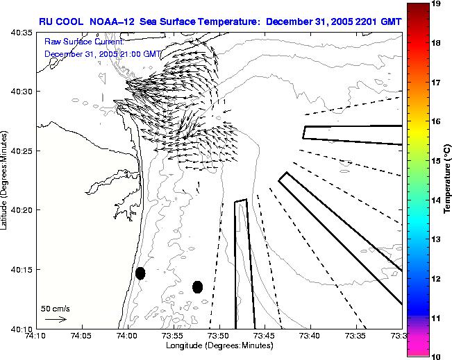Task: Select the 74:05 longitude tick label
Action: point(81,336)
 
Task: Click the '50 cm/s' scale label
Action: point(54,308)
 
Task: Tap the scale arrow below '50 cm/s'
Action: point(55,319)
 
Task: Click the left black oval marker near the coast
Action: point(140,273)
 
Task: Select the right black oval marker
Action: point(198,286)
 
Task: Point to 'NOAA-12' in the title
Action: point(110,22)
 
